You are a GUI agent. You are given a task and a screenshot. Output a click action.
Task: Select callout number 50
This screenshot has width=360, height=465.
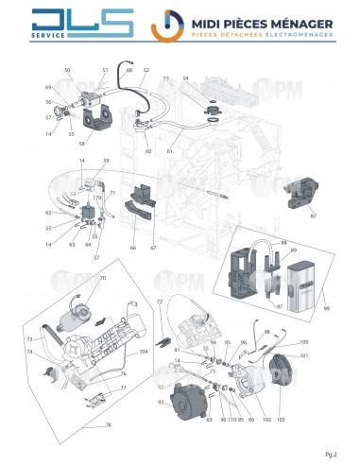(67, 70)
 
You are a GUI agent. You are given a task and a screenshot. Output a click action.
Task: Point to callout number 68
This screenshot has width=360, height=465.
(129, 70)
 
